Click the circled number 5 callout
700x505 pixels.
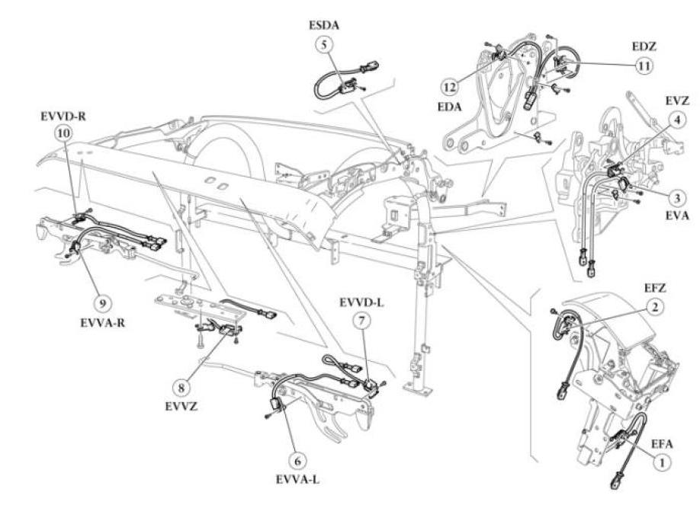(324, 45)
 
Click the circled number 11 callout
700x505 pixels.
(644, 66)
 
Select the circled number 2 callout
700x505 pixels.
(654, 308)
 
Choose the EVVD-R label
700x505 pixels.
(65, 117)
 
